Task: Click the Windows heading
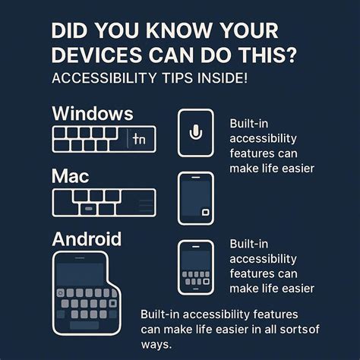point(92,114)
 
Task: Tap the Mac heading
point(71,176)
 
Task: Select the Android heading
point(87,239)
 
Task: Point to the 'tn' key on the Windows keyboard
point(138,139)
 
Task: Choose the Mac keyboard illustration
point(103,201)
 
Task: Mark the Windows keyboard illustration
point(103,139)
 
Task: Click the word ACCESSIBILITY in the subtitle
point(95,80)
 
